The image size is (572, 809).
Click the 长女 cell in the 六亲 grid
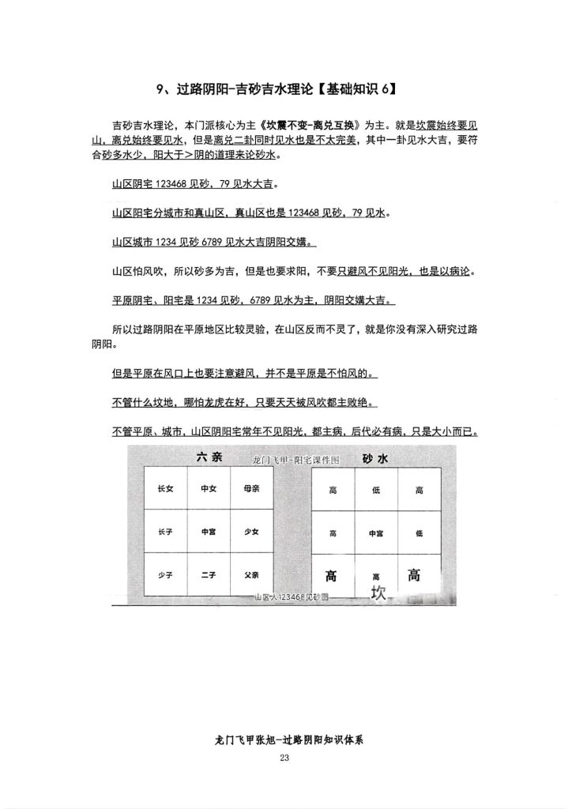166,489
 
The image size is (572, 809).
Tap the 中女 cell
209,489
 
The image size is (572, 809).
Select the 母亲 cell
252,489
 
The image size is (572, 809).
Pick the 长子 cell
166,532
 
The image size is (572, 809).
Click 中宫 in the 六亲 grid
209,532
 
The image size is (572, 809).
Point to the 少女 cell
252,532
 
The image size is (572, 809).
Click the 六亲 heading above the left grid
209,457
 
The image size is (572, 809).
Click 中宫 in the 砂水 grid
376,532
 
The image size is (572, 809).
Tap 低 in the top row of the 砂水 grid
376,490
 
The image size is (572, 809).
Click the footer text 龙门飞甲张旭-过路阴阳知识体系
285,741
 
